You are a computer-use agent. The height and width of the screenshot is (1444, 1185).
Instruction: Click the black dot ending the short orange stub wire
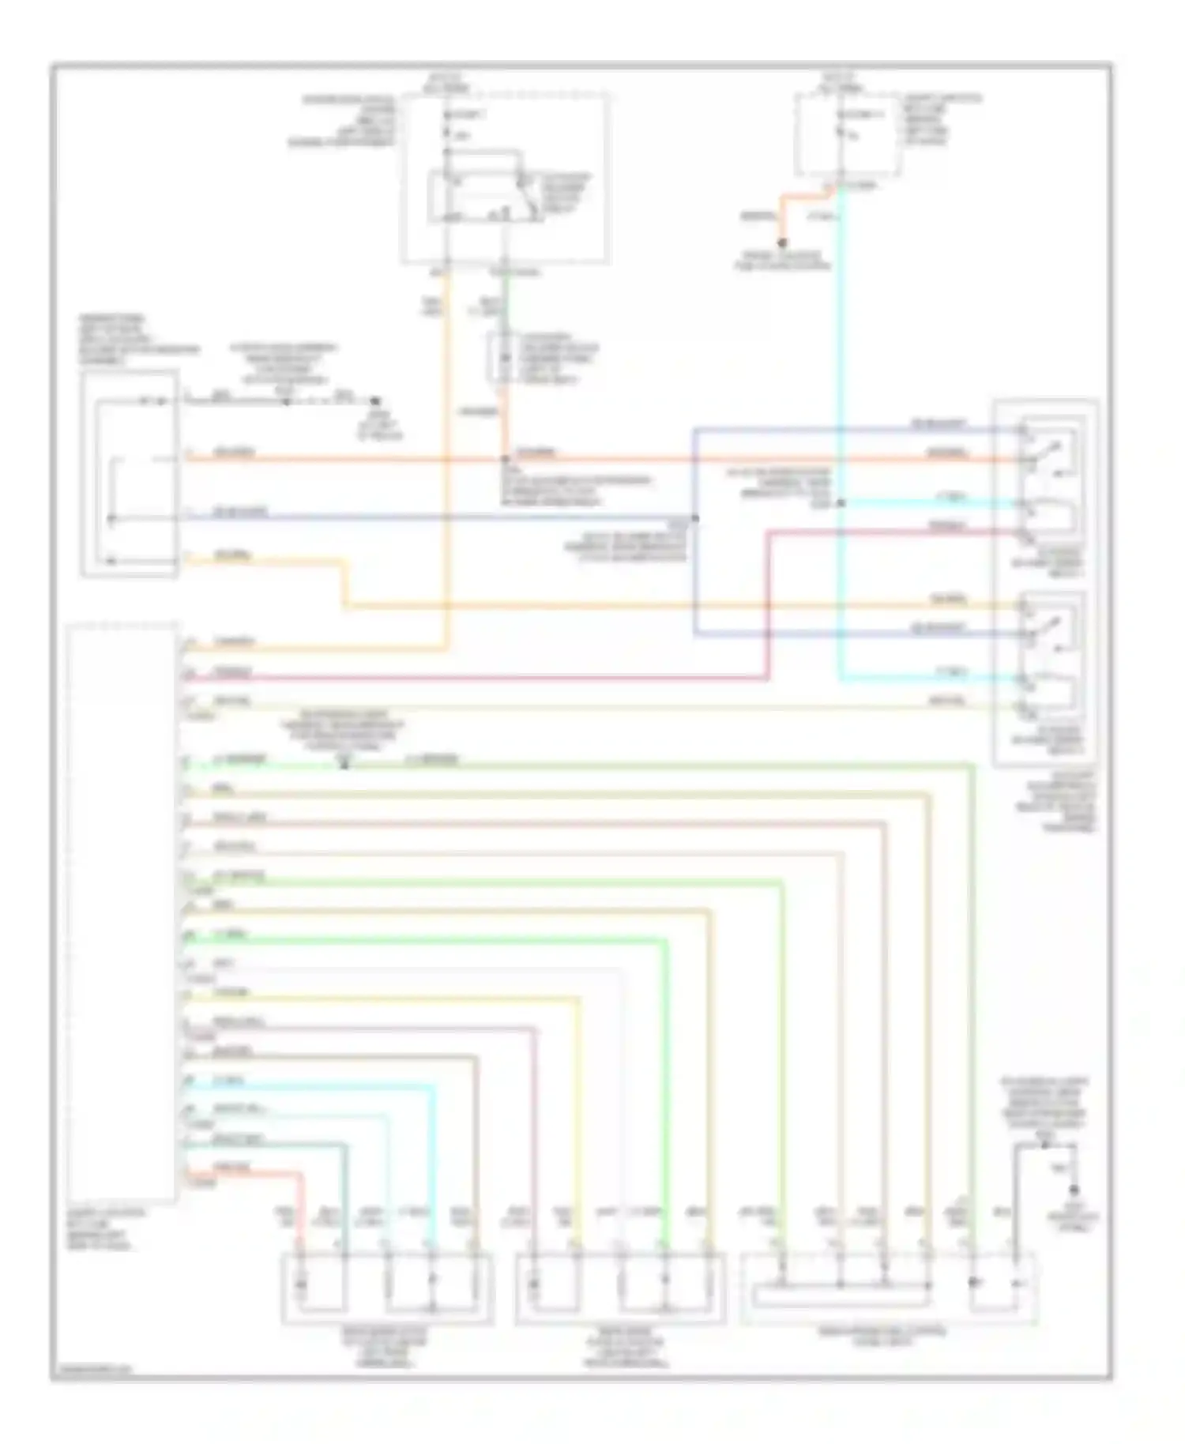point(782,243)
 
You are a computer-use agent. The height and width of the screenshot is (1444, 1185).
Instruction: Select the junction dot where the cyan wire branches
point(841,502)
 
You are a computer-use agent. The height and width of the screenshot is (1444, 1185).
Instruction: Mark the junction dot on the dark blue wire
point(695,518)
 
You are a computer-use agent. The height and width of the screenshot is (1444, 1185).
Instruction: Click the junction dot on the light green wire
point(344,764)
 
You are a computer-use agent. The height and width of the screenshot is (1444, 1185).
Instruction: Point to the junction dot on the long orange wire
point(506,458)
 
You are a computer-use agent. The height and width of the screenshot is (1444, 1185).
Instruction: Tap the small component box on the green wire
point(502,359)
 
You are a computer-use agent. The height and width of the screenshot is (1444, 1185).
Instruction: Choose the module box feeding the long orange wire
point(129,474)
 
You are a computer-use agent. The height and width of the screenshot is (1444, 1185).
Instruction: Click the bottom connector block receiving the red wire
point(387,1288)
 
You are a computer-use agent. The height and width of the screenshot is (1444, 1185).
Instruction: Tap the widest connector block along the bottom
point(888,1288)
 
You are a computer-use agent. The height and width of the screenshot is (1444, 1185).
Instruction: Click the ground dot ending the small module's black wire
point(376,401)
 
